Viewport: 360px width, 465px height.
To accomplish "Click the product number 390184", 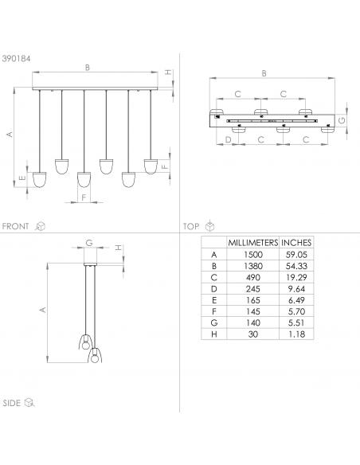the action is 16,58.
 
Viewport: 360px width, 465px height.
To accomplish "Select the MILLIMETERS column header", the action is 252,243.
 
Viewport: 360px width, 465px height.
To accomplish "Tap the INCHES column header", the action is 296,243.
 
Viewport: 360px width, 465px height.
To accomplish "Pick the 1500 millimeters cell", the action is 253,255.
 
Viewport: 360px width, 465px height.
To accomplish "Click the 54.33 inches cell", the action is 296,266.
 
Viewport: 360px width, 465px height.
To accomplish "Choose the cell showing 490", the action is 253,277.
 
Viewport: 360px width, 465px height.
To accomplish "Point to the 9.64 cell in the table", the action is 296,289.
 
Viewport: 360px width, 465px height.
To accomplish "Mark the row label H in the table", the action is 213,334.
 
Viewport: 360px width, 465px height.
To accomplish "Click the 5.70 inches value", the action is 296,311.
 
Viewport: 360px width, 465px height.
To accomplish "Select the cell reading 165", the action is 253,300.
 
